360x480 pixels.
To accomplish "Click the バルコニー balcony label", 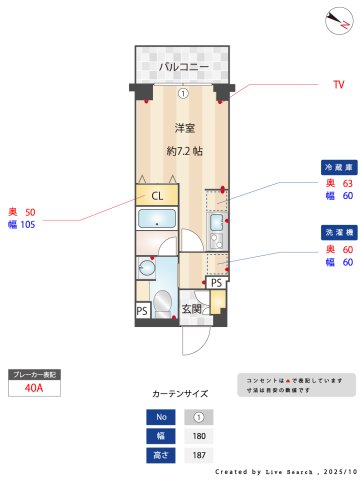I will [184, 67].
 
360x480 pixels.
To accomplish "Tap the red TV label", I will [338, 85].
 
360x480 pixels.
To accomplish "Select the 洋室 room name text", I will [184, 128].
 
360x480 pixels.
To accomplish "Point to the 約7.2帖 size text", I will [184, 151].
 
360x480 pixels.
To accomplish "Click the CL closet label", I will [157, 195].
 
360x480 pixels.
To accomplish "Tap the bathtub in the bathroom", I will [156, 221].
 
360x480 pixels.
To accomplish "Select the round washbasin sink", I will [148, 267].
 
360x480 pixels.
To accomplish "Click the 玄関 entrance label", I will [191, 309].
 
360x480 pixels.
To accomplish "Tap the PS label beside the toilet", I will [142, 311].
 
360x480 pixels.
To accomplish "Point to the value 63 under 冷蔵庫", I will [348, 183].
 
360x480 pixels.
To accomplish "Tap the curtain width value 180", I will [198, 435].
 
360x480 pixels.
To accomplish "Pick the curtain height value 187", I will [198, 455].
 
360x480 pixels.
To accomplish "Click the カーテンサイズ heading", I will [180, 395].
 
